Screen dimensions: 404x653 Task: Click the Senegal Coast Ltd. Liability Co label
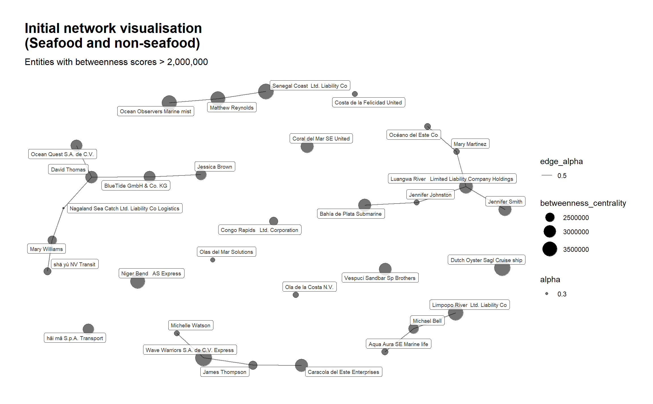click(x=309, y=86)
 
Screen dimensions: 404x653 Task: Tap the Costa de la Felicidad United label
click(x=368, y=102)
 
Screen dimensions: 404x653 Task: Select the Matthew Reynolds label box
click(x=232, y=108)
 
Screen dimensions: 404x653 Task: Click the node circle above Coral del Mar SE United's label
click(x=307, y=146)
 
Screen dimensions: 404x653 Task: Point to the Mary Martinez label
click(x=470, y=144)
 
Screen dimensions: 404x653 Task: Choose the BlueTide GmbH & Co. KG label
click(x=135, y=186)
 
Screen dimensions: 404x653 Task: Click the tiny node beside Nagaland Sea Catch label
click(x=63, y=208)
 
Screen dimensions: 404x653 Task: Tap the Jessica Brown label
click(x=215, y=167)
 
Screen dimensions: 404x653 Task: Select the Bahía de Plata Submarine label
click(x=350, y=214)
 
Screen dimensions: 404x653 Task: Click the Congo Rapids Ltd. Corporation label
click(x=259, y=230)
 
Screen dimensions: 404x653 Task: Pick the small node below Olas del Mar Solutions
click(x=213, y=260)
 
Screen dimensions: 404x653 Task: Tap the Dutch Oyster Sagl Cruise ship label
click(x=486, y=260)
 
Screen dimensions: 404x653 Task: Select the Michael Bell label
click(x=427, y=321)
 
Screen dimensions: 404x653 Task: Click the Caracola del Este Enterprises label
click(x=343, y=372)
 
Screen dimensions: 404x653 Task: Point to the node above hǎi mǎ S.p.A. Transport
click(x=88, y=329)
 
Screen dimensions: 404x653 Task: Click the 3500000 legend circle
click(x=550, y=249)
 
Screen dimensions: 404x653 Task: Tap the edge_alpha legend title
click(x=561, y=161)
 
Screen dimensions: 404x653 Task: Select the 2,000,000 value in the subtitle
click(x=187, y=62)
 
